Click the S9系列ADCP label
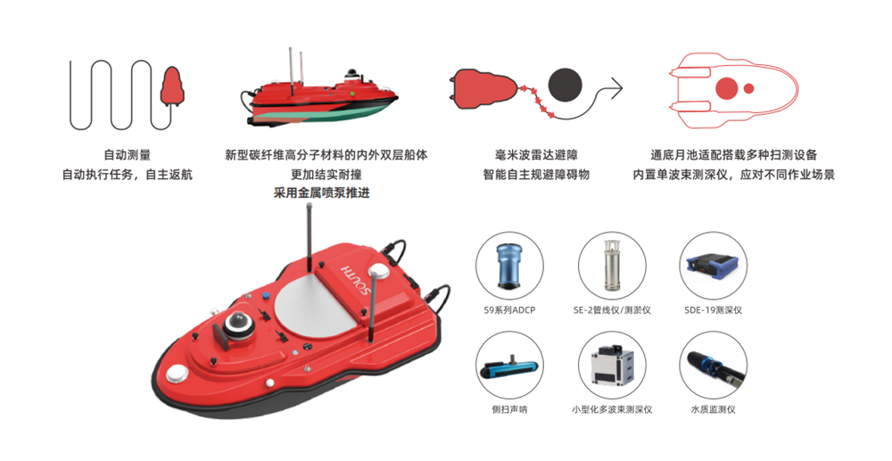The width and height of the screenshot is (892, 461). (x=509, y=310)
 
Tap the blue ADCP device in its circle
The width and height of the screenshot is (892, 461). (x=509, y=266)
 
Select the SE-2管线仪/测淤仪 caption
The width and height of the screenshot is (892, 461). (x=612, y=310)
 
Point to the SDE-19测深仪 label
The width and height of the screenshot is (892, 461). (x=714, y=310)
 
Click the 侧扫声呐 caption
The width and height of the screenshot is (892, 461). (x=509, y=409)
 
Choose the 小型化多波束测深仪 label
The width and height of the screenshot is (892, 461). (x=612, y=409)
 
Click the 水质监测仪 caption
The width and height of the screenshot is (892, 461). (x=714, y=409)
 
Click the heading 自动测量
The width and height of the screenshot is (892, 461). (x=127, y=155)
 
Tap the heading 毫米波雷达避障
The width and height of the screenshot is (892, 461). (x=536, y=155)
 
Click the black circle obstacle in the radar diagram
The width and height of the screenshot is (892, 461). (x=565, y=86)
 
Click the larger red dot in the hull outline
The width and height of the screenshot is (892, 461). (x=726, y=88)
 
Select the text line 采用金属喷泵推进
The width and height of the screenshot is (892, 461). (x=322, y=193)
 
